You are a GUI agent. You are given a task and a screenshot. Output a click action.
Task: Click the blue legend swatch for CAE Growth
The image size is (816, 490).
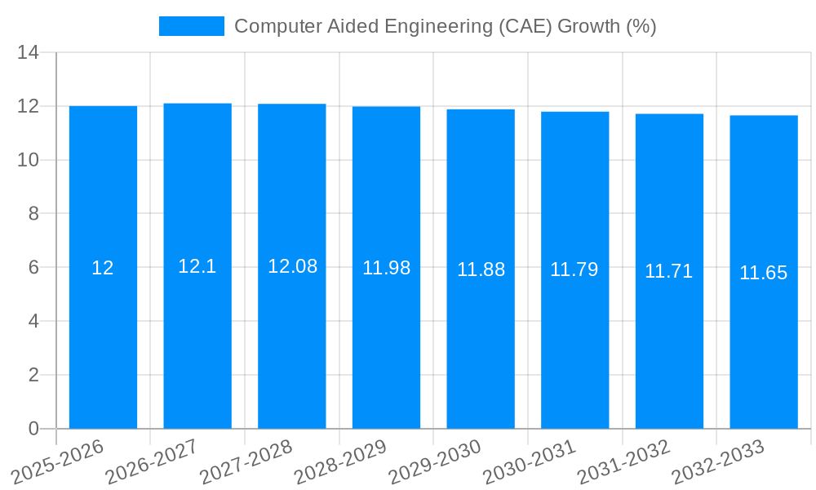click(x=191, y=26)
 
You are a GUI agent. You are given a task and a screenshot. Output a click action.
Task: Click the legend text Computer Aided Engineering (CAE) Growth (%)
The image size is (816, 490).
click(x=445, y=26)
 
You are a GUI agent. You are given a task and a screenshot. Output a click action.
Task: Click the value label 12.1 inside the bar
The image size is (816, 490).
click(x=197, y=266)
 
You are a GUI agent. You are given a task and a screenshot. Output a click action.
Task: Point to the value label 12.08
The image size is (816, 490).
click(x=292, y=266)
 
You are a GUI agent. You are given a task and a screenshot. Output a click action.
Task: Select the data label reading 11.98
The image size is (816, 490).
click(x=386, y=268)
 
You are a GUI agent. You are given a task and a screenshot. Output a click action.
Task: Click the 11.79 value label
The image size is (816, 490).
click(x=574, y=269)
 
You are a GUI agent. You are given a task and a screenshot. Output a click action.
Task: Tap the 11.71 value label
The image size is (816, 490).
click(x=669, y=271)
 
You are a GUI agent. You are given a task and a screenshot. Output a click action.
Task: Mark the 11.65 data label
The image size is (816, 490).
click(x=764, y=273)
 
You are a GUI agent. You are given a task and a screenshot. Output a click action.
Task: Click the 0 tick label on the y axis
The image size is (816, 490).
click(x=33, y=429)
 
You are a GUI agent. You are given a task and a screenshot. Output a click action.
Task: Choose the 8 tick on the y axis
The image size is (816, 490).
click(x=33, y=214)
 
